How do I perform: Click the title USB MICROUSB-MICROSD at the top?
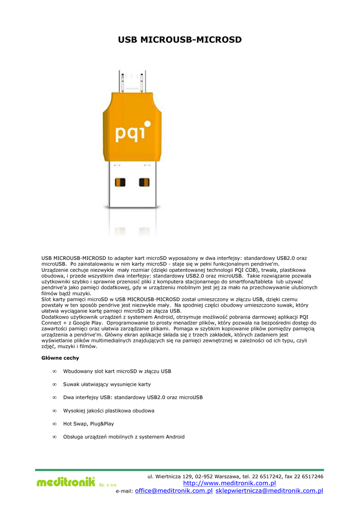pyautogui.click(x=180, y=40)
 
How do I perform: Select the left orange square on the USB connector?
pyautogui.click(x=120, y=182)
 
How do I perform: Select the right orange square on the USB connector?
pyautogui.click(x=144, y=182)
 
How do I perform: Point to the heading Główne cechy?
pyautogui.click(x=60, y=358)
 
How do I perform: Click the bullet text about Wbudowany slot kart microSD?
pyautogui.click(x=117, y=371)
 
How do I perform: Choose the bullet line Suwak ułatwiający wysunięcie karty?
pyautogui.click(x=107, y=384)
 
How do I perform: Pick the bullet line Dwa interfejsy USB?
pyautogui.click(x=133, y=398)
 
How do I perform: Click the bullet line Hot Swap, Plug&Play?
pyautogui.click(x=89, y=424)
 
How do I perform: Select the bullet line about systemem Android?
pyautogui.click(x=124, y=437)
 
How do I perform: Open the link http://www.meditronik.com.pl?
pyautogui.click(x=229, y=483)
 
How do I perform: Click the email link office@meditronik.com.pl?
pyautogui.click(x=174, y=491)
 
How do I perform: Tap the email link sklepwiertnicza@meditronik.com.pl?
pyautogui.click(x=269, y=491)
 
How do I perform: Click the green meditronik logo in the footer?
pyautogui.click(x=65, y=482)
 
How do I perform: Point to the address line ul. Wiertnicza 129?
pyautogui.click(x=235, y=477)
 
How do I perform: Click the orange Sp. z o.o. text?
pyautogui.click(x=107, y=485)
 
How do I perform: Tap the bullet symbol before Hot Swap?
pyautogui.click(x=54, y=424)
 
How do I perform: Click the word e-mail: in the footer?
pyautogui.click(x=124, y=491)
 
